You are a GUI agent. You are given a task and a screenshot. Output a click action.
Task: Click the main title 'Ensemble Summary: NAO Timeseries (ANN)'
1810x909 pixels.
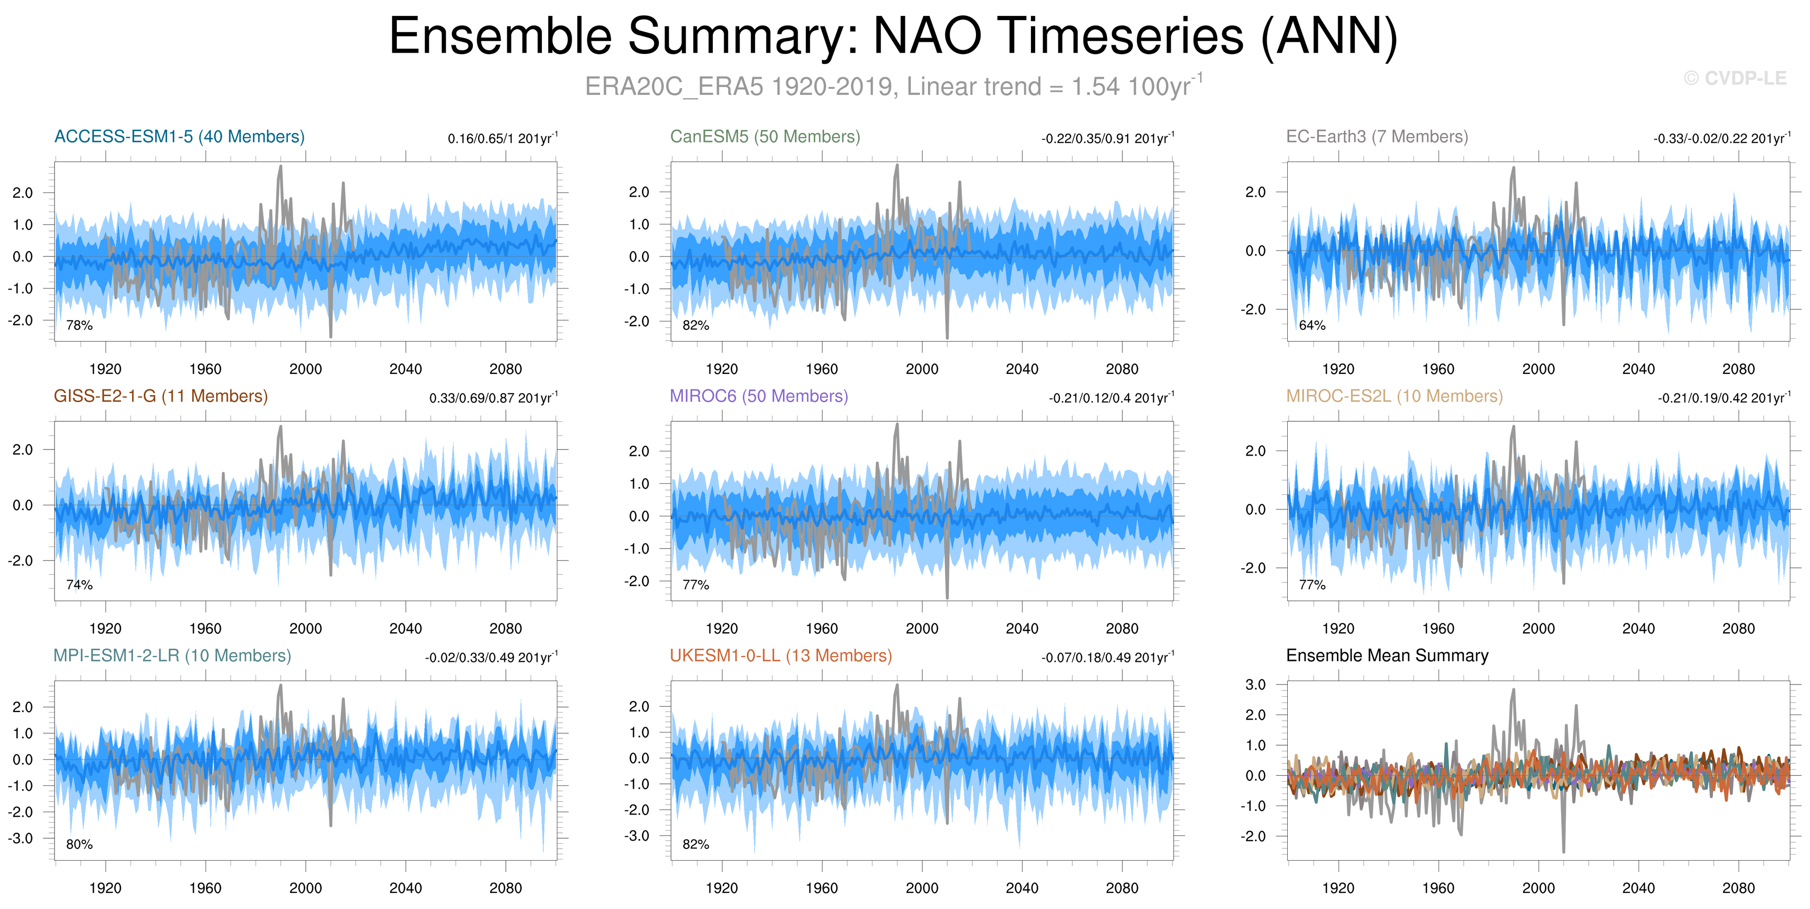[x=893, y=37]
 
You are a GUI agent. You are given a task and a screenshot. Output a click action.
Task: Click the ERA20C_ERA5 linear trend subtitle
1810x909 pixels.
[x=894, y=86]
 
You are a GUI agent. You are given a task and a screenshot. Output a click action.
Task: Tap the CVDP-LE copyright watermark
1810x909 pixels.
[x=1735, y=79]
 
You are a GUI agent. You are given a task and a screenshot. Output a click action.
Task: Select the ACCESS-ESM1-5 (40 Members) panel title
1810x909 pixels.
[x=180, y=136]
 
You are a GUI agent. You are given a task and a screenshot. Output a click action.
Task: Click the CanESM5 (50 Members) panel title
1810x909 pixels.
[x=765, y=136]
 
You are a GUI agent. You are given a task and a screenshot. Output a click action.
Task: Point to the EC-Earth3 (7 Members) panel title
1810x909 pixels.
[x=1377, y=136]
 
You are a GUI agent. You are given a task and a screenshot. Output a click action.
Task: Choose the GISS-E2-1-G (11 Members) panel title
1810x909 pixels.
[x=161, y=396]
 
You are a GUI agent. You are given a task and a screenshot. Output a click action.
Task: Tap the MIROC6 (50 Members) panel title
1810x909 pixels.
[x=759, y=396]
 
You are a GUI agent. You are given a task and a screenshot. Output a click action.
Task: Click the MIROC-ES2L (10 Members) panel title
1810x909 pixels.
[x=1395, y=396]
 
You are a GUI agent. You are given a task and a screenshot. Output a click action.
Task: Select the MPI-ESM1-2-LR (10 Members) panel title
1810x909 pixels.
[x=173, y=655]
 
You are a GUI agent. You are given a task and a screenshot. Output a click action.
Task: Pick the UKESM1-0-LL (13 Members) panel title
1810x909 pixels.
[x=781, y=655]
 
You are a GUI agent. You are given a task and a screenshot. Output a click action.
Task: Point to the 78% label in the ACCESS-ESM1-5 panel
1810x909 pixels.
[x=79, y=326]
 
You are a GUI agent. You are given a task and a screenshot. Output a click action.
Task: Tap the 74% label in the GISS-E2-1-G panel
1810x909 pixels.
[x=79, y=585]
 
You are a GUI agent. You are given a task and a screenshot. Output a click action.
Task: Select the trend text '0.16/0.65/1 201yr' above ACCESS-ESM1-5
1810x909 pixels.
[x=503, y=137]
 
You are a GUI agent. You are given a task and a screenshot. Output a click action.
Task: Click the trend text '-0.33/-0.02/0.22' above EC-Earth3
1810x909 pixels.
[x=1700, y=139]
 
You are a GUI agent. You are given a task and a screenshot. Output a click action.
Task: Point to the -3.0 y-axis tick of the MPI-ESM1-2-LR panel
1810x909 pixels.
[x=20, y=838]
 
